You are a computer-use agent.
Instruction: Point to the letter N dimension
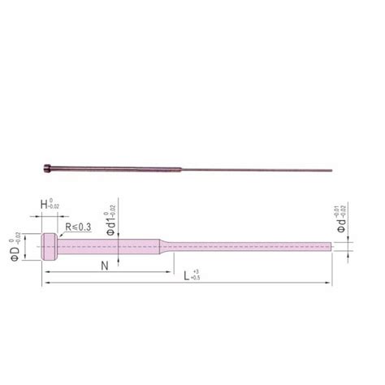pyautogui.click(x=105, y=266)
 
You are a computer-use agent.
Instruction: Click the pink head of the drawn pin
pyautogui.click(x=48, y=245)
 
